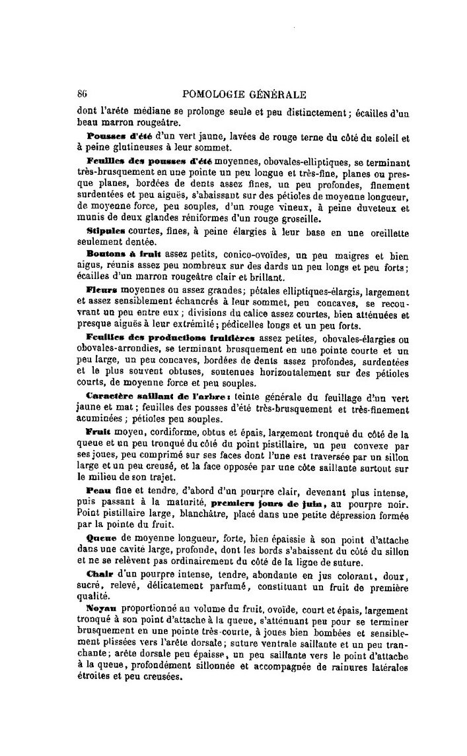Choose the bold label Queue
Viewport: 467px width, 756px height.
point(101,538)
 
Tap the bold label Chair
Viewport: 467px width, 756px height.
point(100,573)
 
